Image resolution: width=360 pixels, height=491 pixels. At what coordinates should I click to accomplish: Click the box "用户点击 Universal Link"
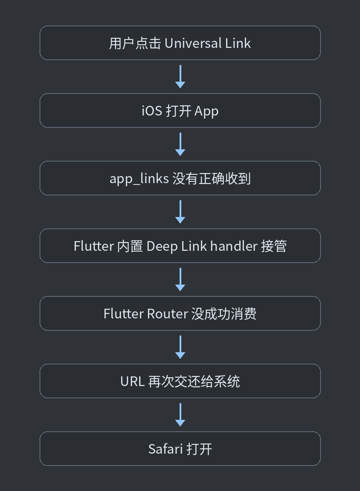point(180,43)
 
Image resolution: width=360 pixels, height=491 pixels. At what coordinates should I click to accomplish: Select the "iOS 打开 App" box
point(180,111)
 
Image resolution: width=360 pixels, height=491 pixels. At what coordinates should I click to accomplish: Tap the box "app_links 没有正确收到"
point(180,178)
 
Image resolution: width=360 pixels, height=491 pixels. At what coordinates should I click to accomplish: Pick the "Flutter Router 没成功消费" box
point(180,314)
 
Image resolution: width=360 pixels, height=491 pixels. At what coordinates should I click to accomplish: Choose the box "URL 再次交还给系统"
point(180,381)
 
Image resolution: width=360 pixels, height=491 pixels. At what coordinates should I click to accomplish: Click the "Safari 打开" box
point(180,449)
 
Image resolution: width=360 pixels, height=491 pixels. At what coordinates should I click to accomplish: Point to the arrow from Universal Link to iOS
point(180,77)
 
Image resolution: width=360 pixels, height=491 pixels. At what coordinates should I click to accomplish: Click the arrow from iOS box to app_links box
point(180,144)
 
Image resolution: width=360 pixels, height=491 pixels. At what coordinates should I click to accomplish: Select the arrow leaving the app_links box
point(180,212)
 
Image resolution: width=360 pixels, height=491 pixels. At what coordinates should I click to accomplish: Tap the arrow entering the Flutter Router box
point(180,280)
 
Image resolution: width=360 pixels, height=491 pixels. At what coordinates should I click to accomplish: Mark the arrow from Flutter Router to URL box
point(180,347)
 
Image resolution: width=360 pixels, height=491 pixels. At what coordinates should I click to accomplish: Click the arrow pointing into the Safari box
point(180,415)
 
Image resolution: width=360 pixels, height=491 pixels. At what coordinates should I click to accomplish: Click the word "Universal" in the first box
point(193,43)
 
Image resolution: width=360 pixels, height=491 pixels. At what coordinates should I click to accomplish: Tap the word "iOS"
point(152,111)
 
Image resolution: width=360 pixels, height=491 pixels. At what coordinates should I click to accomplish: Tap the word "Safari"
point(165,449)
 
